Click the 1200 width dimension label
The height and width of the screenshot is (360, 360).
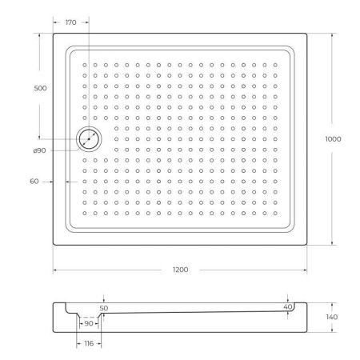coord(180,270)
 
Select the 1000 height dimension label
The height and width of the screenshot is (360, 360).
coord(334,139)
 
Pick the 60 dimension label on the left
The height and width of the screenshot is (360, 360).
coord(34,182)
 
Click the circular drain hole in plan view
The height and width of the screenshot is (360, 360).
coord(89,139)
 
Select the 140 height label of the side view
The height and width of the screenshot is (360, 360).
coord(333,318)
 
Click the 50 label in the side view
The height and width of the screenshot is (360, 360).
coord(103,306)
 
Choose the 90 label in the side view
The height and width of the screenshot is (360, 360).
coord(89,323)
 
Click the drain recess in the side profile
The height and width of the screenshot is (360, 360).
coord(90,317)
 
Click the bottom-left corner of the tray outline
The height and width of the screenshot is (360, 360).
coord(53,246)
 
